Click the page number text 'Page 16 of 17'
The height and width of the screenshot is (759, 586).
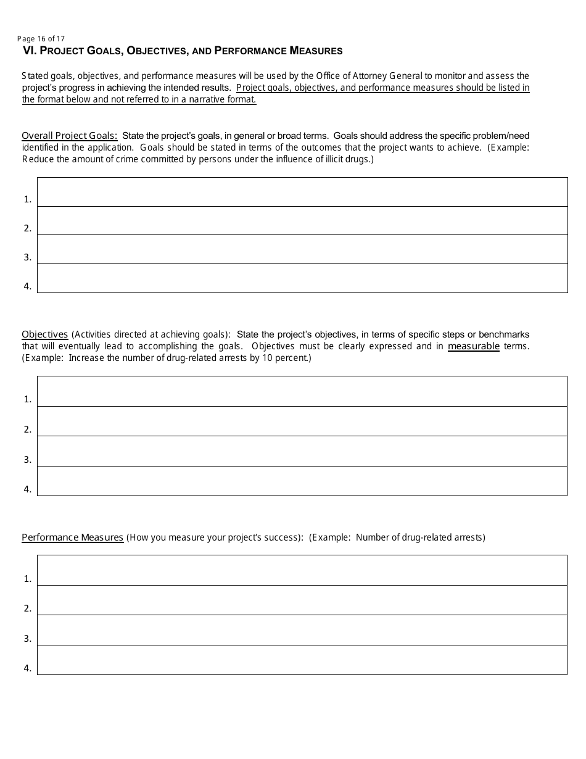pyautogui.click(x=41, y=38)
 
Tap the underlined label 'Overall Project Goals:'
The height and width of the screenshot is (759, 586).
pyautogui.click(x=69, y=136)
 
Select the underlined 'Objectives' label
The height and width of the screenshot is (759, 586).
pyautogui.click(x=44, y=334)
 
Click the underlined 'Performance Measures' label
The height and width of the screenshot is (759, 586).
pyautogui.click(x=72, y=537)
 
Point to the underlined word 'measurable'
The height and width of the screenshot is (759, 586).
pyautogui.click(x=473, y=346)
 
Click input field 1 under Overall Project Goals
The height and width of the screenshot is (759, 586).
pyautogui.click(x=302, y=192)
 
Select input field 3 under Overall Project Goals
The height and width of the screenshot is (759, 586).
pyautogui.click(x=302, y=249)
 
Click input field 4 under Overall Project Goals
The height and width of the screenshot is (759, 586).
pyautogui.click(x=302, y=278)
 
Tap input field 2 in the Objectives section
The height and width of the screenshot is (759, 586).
pyautogui.click(x=302, y=421)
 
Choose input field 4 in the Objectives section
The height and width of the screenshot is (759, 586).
pyautogui.click(x=302, y=481)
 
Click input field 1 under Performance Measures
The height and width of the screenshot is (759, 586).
pyautogui.click(x=302, y=570)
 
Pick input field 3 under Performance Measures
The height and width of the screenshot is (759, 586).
pyautogui.click(x=302, y=630)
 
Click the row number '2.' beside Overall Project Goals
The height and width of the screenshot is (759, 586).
pyautogui.click(x=28, y=228)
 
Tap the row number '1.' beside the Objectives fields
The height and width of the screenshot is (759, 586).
pyautogui.click(x=28, y=399)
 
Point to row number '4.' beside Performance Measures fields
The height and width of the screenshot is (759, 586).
pyautogui.click(x=28, y=668)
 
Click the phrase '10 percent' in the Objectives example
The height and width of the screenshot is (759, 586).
pyautogui.click(x=287, y=358)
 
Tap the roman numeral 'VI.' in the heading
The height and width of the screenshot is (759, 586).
pyautogui.click(x=30, y=51)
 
